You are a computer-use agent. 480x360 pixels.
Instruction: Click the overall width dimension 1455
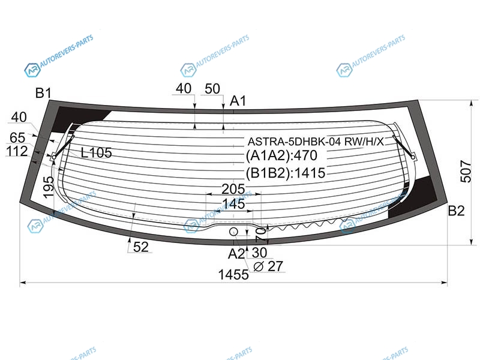pyautogui.click(x=233, y=275)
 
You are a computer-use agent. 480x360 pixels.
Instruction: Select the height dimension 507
pyautogui.click(x=466, y=172)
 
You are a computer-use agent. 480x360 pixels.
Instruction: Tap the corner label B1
pyautogui.click(x=43, y=93)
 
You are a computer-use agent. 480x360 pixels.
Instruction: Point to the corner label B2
pyautogui.click(x=456, y=211)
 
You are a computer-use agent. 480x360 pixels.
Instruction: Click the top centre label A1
pyautogui.click(x=238, y=100)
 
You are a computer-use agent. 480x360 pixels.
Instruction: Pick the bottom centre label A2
pyautogui.click(x=236, y=254)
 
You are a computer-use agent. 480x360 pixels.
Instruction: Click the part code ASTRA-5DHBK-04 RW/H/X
pyautogui.click(x=316, y=142)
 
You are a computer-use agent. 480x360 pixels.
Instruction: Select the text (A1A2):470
pyautogui.click(x=281, y=155)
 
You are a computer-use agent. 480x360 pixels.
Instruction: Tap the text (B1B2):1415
pyautogui.click(x=286, y=173)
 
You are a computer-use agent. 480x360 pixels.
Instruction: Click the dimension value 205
pyautogui.click(x=233, y=189)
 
